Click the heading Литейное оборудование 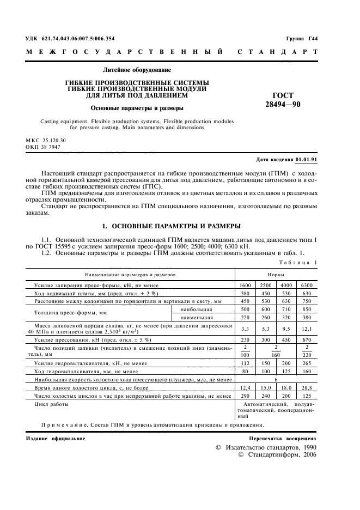[137, 70]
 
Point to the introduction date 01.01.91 [306, 160]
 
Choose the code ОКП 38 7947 [43, 147]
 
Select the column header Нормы [277, 276]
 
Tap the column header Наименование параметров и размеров [129, 276]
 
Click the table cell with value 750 [307, 301]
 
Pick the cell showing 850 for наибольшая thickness [307, 309]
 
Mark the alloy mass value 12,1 [307, 329]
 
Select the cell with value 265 [307, 363]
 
